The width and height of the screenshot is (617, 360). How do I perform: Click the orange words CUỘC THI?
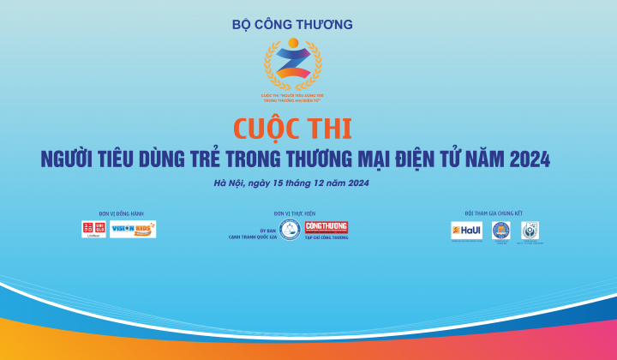(292, 129)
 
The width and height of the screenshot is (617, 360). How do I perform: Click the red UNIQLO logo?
(93, 230)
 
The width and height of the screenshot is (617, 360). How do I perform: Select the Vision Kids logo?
(133, 230)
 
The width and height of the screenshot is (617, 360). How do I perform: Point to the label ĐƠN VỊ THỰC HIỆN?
(291, 213)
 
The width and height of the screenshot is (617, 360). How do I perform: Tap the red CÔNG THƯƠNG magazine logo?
(326, 227)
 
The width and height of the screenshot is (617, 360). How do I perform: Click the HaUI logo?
(467, 231)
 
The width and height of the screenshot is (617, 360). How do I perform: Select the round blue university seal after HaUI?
(500, 231)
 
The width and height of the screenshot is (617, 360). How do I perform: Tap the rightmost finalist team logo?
(530, 231)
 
